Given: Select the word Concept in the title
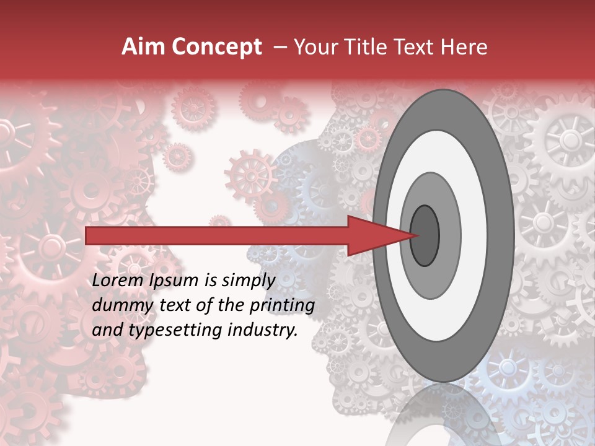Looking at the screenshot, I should click(216, 48).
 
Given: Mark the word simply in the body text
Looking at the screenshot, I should click(247, 281).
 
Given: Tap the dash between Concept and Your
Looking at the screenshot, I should click(280, 47).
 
